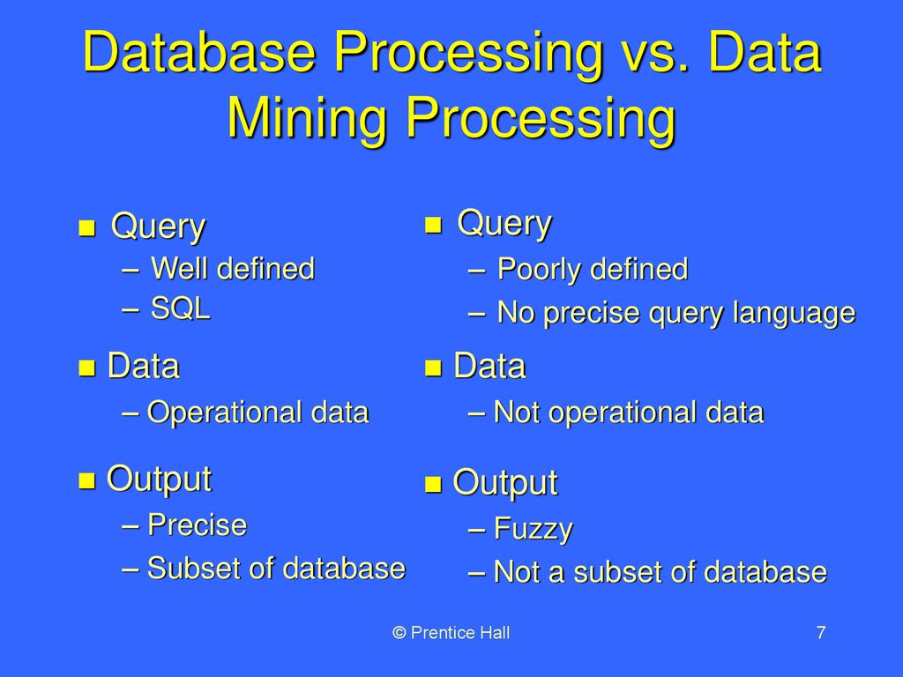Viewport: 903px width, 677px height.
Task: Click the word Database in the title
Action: pos(198,52)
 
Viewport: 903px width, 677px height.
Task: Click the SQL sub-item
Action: pos(180,309)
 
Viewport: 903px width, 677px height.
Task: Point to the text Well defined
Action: pos(233,269)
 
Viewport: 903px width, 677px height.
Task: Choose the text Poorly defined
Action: pos(593,270)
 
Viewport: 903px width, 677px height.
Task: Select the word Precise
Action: pos(197,525)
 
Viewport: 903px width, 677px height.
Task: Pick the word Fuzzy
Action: pos(534,530)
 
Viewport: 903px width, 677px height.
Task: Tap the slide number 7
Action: pos(821,633)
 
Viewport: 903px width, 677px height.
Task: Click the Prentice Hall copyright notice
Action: pos(451,633)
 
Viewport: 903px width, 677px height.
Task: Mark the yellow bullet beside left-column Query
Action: pos(86,228)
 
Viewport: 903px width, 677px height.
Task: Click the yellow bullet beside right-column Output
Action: pos(432,485)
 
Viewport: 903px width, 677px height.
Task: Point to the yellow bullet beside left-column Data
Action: pos(86,368)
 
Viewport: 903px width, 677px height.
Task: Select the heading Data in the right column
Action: pos(489,366)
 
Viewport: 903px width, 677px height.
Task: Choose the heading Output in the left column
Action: pos(160,480)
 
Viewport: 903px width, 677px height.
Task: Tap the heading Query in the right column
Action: pos(504,224)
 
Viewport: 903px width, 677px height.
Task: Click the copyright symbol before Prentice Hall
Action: pos(399,633)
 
